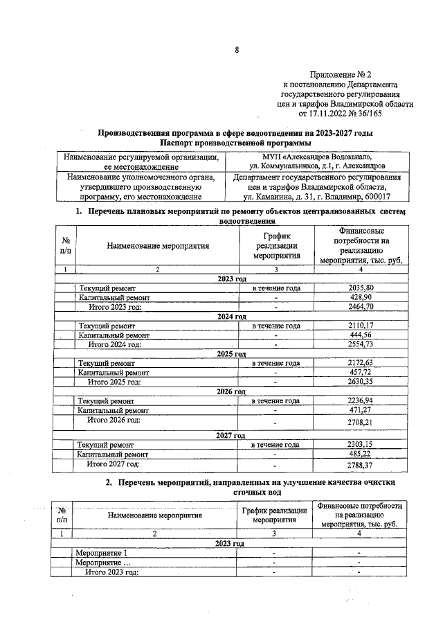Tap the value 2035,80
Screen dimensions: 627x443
point(361,287)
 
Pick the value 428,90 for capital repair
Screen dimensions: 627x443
point(361,297)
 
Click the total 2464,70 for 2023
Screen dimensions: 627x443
point(361,306)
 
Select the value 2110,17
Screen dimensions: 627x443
point(361,325)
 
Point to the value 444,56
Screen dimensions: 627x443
point(361,335)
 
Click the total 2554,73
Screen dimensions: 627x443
point(361,344)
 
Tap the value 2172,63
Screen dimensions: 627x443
point(361,363)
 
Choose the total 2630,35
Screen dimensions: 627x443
point(361,382)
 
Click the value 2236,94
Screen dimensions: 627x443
point(361,400)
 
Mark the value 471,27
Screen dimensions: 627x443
point(361,410)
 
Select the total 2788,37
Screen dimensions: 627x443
point(361,465)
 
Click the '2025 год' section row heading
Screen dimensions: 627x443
point(231,354)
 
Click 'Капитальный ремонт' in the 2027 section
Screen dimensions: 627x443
point(114,454)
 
